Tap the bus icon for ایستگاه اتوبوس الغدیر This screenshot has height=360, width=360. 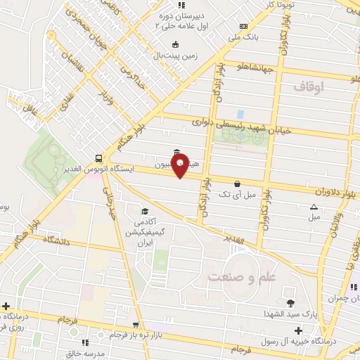(100, 159)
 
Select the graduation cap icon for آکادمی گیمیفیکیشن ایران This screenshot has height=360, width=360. (145, 211)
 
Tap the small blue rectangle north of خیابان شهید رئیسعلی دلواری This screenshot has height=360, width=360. (240, 113)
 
